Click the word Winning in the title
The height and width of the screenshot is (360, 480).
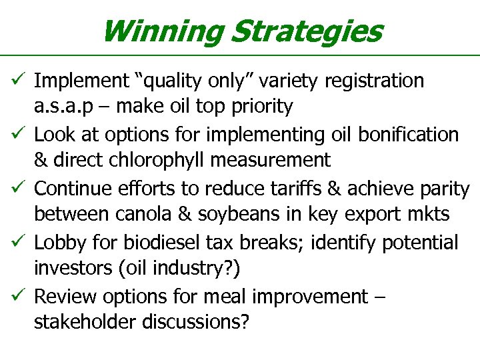click(161, 31)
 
